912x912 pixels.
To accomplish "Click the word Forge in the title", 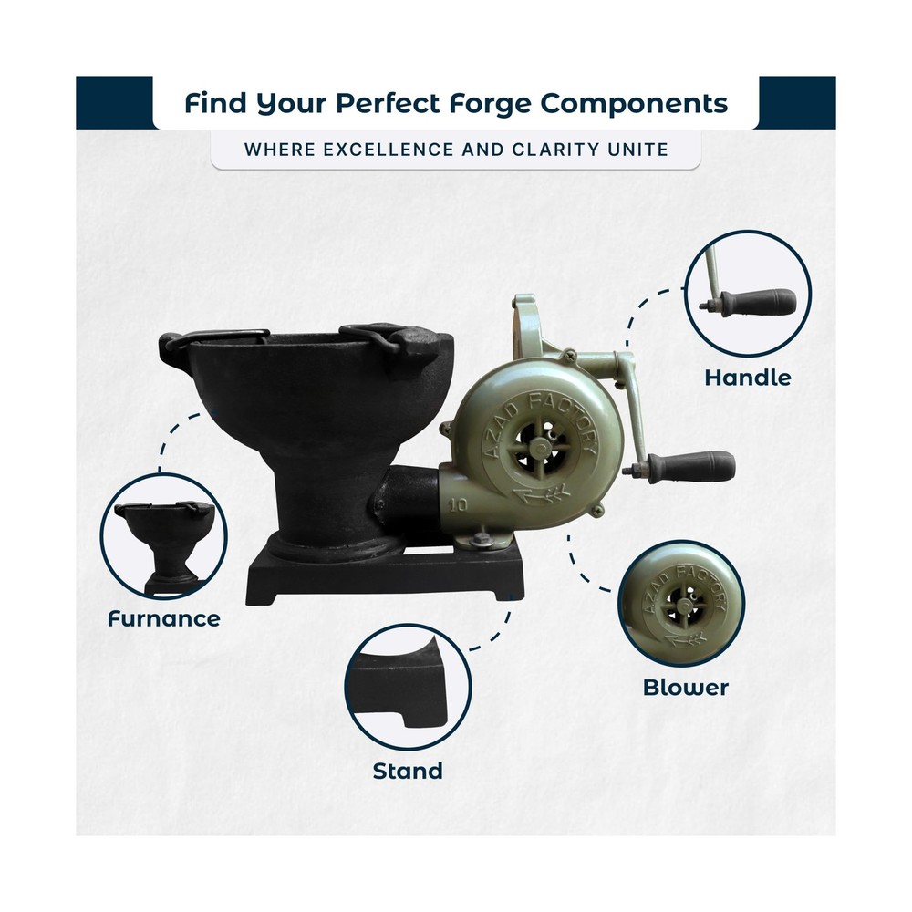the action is point(489,104).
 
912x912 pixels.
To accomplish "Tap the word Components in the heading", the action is point(634,104).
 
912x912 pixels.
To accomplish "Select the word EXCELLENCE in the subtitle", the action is point(388,150).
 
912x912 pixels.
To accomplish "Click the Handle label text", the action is point(748,378).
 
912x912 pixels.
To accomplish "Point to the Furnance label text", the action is point(164,619).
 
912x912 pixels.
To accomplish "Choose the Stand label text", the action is point(408,772).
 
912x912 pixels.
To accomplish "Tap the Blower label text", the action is point(685,688).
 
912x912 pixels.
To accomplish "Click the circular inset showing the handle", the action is point(748,294).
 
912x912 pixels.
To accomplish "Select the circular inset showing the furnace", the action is point(163,535).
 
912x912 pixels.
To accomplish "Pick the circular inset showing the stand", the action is point(408,687).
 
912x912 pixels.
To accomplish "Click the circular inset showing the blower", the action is point(681,604).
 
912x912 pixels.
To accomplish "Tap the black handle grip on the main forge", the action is point(691,466).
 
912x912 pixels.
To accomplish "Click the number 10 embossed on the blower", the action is point(459,504).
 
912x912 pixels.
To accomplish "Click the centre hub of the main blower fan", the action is point(542,447).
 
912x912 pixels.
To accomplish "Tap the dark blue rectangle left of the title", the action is point(115,102).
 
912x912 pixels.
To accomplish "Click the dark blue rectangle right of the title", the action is point(797,102).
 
